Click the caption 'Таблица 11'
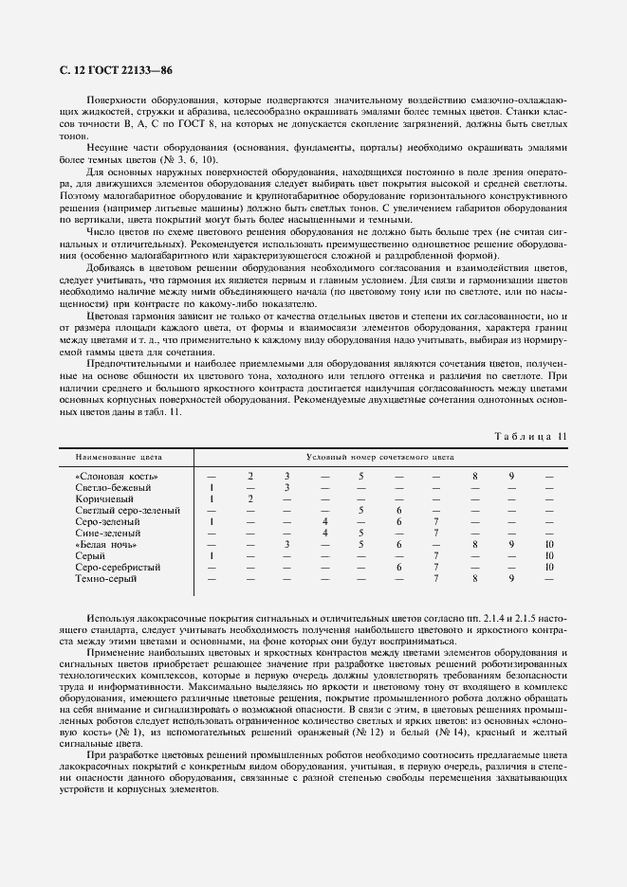click(531, 436)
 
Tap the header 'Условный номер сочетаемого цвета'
click(374, 456)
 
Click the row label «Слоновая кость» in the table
click(116, 476)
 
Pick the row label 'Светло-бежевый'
click(113, 487)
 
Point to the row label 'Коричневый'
click(104, 498)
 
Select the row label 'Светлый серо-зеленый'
click(127, 510)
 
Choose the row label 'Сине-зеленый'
click(109, 533)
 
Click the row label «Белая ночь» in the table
click(106, 544)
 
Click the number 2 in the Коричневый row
click(250, 498)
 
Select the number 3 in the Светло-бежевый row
click(286, 487)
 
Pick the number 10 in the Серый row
click(548, 555)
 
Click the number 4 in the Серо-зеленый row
click(324, 521)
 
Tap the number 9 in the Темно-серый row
click(511, 578)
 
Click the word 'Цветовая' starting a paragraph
click(112, 315)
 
